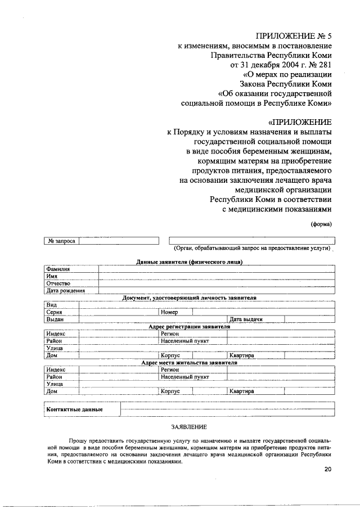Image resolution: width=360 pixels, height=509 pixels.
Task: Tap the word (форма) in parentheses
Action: coord(322,224)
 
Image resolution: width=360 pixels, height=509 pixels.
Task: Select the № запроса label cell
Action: coord(61,241)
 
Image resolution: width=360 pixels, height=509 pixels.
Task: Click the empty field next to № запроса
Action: coord(119,241)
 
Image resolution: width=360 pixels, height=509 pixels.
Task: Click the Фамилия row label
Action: coord(57,269)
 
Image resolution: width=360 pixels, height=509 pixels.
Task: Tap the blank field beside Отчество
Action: coord(217,283)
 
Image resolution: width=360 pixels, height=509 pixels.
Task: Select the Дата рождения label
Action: coord(65,291)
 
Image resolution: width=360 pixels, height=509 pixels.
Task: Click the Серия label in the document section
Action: coord(54,312)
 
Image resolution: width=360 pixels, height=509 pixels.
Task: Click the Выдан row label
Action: coord(55,319)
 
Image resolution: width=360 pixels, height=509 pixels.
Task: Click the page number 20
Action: coord(328,470)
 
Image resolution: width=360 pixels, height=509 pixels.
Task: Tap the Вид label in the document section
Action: coord(52,304)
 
